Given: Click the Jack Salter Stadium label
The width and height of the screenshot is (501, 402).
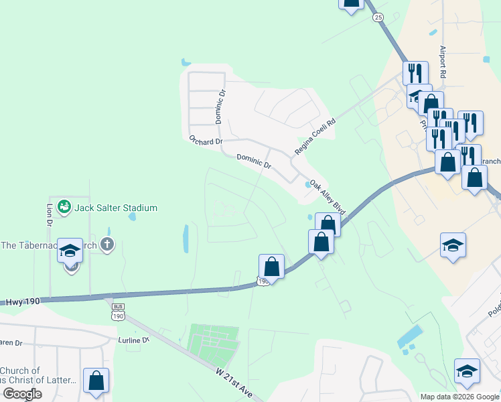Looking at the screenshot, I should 116,208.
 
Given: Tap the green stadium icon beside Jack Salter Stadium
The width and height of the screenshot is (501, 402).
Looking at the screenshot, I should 64,207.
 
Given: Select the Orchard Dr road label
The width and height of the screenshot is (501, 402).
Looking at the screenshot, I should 204,141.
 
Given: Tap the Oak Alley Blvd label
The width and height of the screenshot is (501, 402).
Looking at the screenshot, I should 327,195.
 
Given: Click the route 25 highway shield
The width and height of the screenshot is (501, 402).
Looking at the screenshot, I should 378,17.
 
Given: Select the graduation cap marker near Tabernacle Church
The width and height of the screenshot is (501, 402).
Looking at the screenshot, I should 69,251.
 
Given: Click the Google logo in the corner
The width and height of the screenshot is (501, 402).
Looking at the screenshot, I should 22,394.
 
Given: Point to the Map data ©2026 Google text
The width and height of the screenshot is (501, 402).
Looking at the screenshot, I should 459,397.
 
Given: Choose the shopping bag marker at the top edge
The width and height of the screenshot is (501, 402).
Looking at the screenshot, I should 352,3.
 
